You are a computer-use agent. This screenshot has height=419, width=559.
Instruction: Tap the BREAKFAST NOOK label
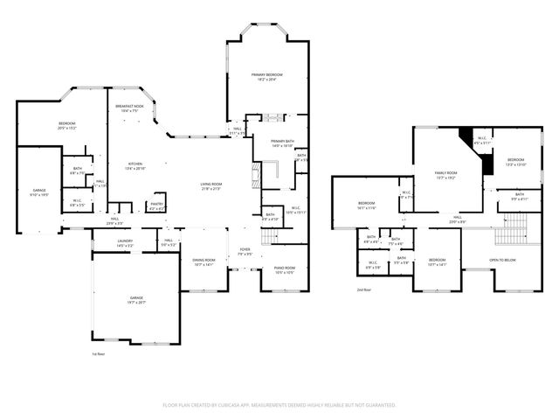coord(129,106)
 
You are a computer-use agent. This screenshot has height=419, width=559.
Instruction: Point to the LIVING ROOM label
coord(211,184)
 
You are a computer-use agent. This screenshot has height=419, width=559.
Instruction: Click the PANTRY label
coord(157,205)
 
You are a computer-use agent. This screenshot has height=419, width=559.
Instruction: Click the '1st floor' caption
coord(98,354)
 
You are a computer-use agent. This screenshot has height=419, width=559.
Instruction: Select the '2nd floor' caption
coord(363,289)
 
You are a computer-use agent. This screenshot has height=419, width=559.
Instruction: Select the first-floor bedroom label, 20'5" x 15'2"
coord(66,124)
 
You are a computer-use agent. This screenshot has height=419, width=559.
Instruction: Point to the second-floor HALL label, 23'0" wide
coord(458,220)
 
